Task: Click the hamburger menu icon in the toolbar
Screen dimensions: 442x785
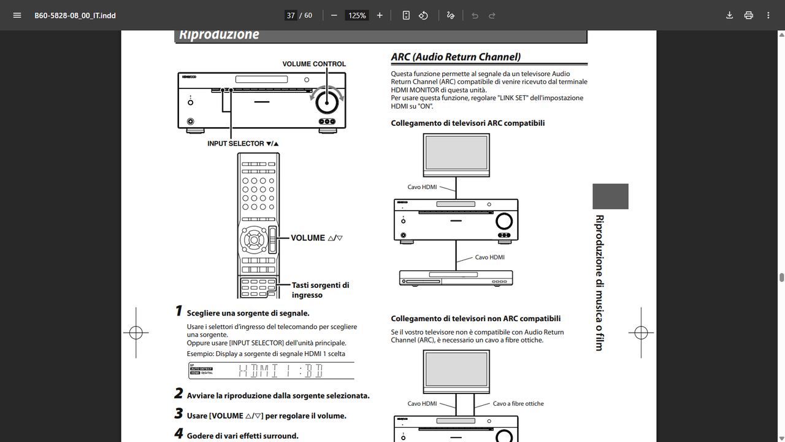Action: pos(17,15)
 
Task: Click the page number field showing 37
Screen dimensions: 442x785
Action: pos(291,15)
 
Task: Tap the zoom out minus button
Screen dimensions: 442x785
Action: pos(334,15)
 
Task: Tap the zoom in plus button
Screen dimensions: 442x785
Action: pos(380,15)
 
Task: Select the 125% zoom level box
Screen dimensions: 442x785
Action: pos(356,15)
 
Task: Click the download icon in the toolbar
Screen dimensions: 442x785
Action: pos(729,15)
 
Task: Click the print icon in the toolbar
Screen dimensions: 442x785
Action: pos(748,15)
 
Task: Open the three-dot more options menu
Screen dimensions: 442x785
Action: pos(768,15)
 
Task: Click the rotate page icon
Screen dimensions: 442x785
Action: pos(423,15)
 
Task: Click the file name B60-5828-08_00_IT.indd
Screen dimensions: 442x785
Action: pos(75,15)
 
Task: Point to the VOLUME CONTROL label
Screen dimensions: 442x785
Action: pos(314,64)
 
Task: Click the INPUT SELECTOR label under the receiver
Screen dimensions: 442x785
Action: pos(243,144)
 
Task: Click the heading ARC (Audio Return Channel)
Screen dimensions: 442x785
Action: pos(456,57)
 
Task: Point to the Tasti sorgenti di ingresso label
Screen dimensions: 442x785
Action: pos(320,290)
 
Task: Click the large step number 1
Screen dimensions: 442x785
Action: pos(178,312)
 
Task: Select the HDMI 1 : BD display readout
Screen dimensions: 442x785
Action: pos(280,371)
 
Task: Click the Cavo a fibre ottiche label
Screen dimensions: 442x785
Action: pos(518,403)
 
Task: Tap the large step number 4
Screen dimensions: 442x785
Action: pos(178,434)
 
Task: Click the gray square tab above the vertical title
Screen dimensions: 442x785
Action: pos(610,196)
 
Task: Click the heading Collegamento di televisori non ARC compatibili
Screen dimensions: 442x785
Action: pos(476,319)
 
